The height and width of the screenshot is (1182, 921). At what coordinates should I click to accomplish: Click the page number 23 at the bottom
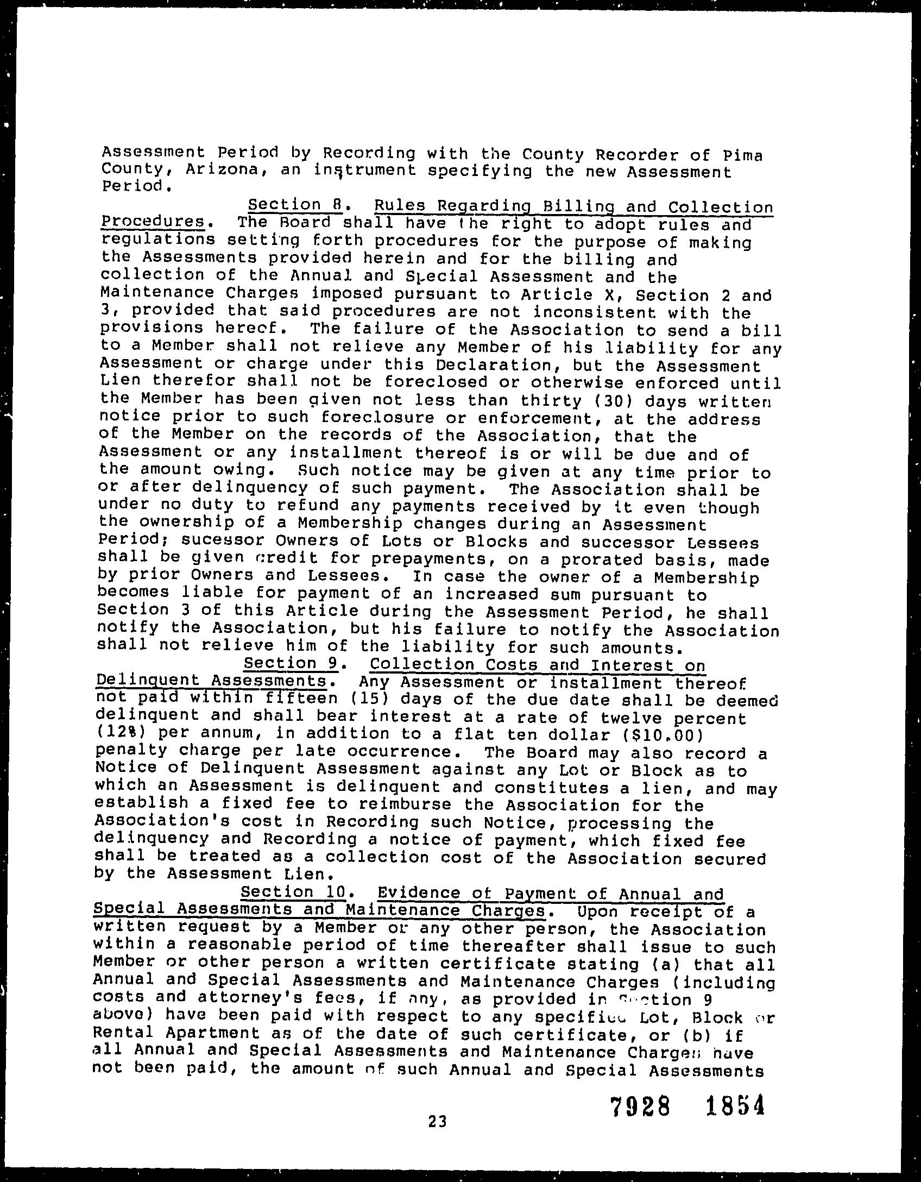(437, 1121)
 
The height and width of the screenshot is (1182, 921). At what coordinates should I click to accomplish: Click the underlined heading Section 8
(294, 205)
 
